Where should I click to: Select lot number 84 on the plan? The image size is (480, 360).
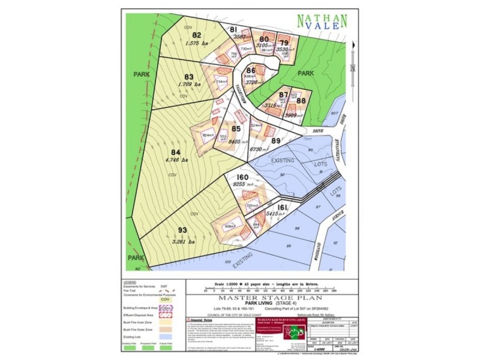(x=176, y=151)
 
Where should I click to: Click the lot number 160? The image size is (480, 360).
(x=243, y=178)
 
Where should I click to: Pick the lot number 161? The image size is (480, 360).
(x=283, y=207)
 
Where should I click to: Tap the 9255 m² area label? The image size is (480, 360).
(x=244, y=186)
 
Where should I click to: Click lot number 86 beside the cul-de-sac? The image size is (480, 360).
(x=251, y=70)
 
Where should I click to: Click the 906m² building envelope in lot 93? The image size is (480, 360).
(x=229, y=227)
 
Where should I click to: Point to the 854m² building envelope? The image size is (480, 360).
(x=208, y=135)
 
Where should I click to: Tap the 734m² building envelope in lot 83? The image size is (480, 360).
(x=221, y=82)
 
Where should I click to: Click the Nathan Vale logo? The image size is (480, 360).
(x=322, y=21)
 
